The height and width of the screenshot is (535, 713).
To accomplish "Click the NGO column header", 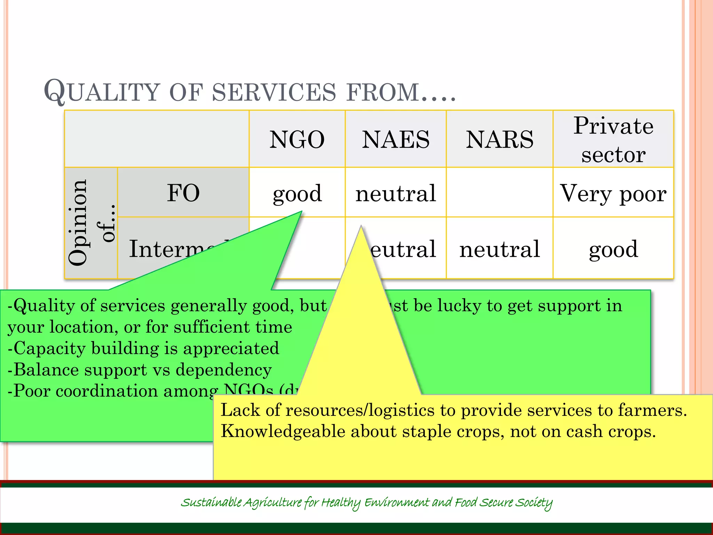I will tap(297, 139).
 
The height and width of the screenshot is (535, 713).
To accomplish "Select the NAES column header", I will tap(395, 139).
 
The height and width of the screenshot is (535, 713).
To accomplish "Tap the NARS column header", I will tap(500, 139).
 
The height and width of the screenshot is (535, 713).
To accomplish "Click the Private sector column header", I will tap(613, 139).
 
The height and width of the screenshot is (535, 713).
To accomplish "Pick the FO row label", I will tap(183, 193).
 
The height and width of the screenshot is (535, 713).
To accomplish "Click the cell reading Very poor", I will tap(613, 193).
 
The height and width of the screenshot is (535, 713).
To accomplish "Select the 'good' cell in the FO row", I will tap(297, 193).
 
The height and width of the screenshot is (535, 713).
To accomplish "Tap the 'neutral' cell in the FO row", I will tap(395, 193).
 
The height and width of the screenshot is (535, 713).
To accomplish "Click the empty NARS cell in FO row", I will tap(500, 193).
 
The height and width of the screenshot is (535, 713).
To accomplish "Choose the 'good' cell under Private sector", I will tap(613, 249).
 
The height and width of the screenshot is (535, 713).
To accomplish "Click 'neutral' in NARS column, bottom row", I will tap(500, 249).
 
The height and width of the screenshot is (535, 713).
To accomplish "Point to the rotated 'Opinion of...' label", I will tap(91, 223).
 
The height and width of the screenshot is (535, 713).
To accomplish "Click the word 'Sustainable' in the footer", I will tap(211, 503).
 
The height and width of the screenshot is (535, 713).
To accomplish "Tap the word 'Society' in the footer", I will tap(534, 503).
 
